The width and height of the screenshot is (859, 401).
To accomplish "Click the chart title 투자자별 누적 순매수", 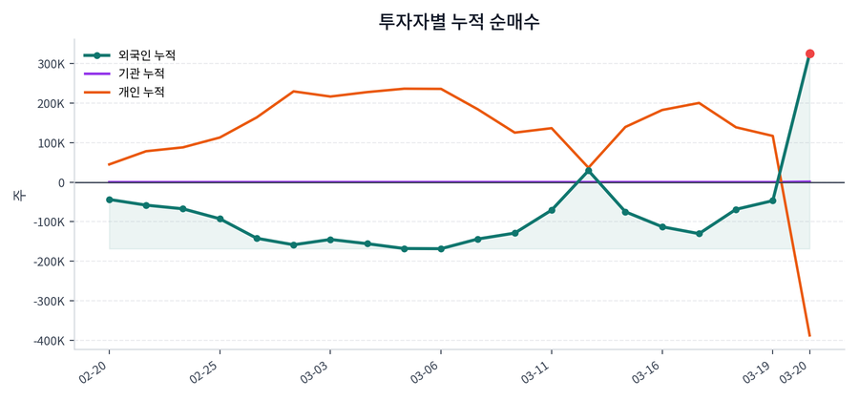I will (x=459, y=21).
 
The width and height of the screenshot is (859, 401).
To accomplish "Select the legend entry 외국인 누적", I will (x=141, y=55).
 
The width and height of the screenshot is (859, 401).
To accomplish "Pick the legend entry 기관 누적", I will (x=141, y=74).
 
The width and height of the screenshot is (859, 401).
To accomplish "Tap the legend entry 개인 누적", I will (x=141, y=92).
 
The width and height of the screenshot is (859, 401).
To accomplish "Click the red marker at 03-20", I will (x=809, y=53).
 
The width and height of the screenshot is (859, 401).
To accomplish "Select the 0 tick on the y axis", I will (x=60, y=182).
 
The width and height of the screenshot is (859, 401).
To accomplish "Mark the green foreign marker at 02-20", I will (x=109, y=200).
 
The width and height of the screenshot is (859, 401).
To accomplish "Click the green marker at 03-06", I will (x=440, y=249).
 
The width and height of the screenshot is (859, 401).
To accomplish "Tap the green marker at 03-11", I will (x=551, y=210).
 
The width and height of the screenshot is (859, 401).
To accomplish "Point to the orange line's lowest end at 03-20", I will (x=809, y=335).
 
